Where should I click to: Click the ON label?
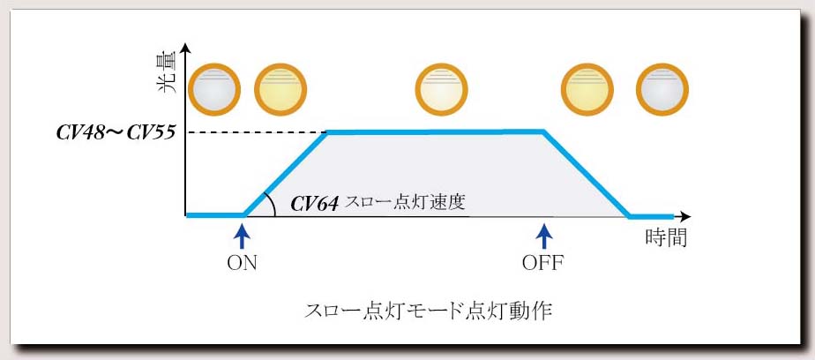coord(242,263)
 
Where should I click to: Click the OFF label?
coord(543,263)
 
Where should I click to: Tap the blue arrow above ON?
coord(242,236)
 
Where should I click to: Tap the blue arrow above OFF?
coord(543,236)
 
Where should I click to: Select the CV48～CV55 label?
coord(115,132)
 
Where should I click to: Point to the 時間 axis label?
coord(666,237)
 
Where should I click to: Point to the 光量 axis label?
coord(168,73)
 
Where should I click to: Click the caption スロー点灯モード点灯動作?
coord(427,311)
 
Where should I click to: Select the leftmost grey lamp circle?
coord(214,90)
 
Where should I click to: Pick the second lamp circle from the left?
coord(280,90)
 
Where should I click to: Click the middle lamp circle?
coord(441,90)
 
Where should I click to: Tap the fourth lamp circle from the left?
coord(587,90)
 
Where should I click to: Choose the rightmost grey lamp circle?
coord(662,90)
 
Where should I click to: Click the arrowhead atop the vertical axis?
coord(185,49)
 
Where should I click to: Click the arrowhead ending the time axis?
coord(685,216)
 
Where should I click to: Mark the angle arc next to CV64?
coord(271,204)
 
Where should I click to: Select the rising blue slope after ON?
coord(286,174)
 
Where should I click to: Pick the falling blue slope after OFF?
coord(587,174)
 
